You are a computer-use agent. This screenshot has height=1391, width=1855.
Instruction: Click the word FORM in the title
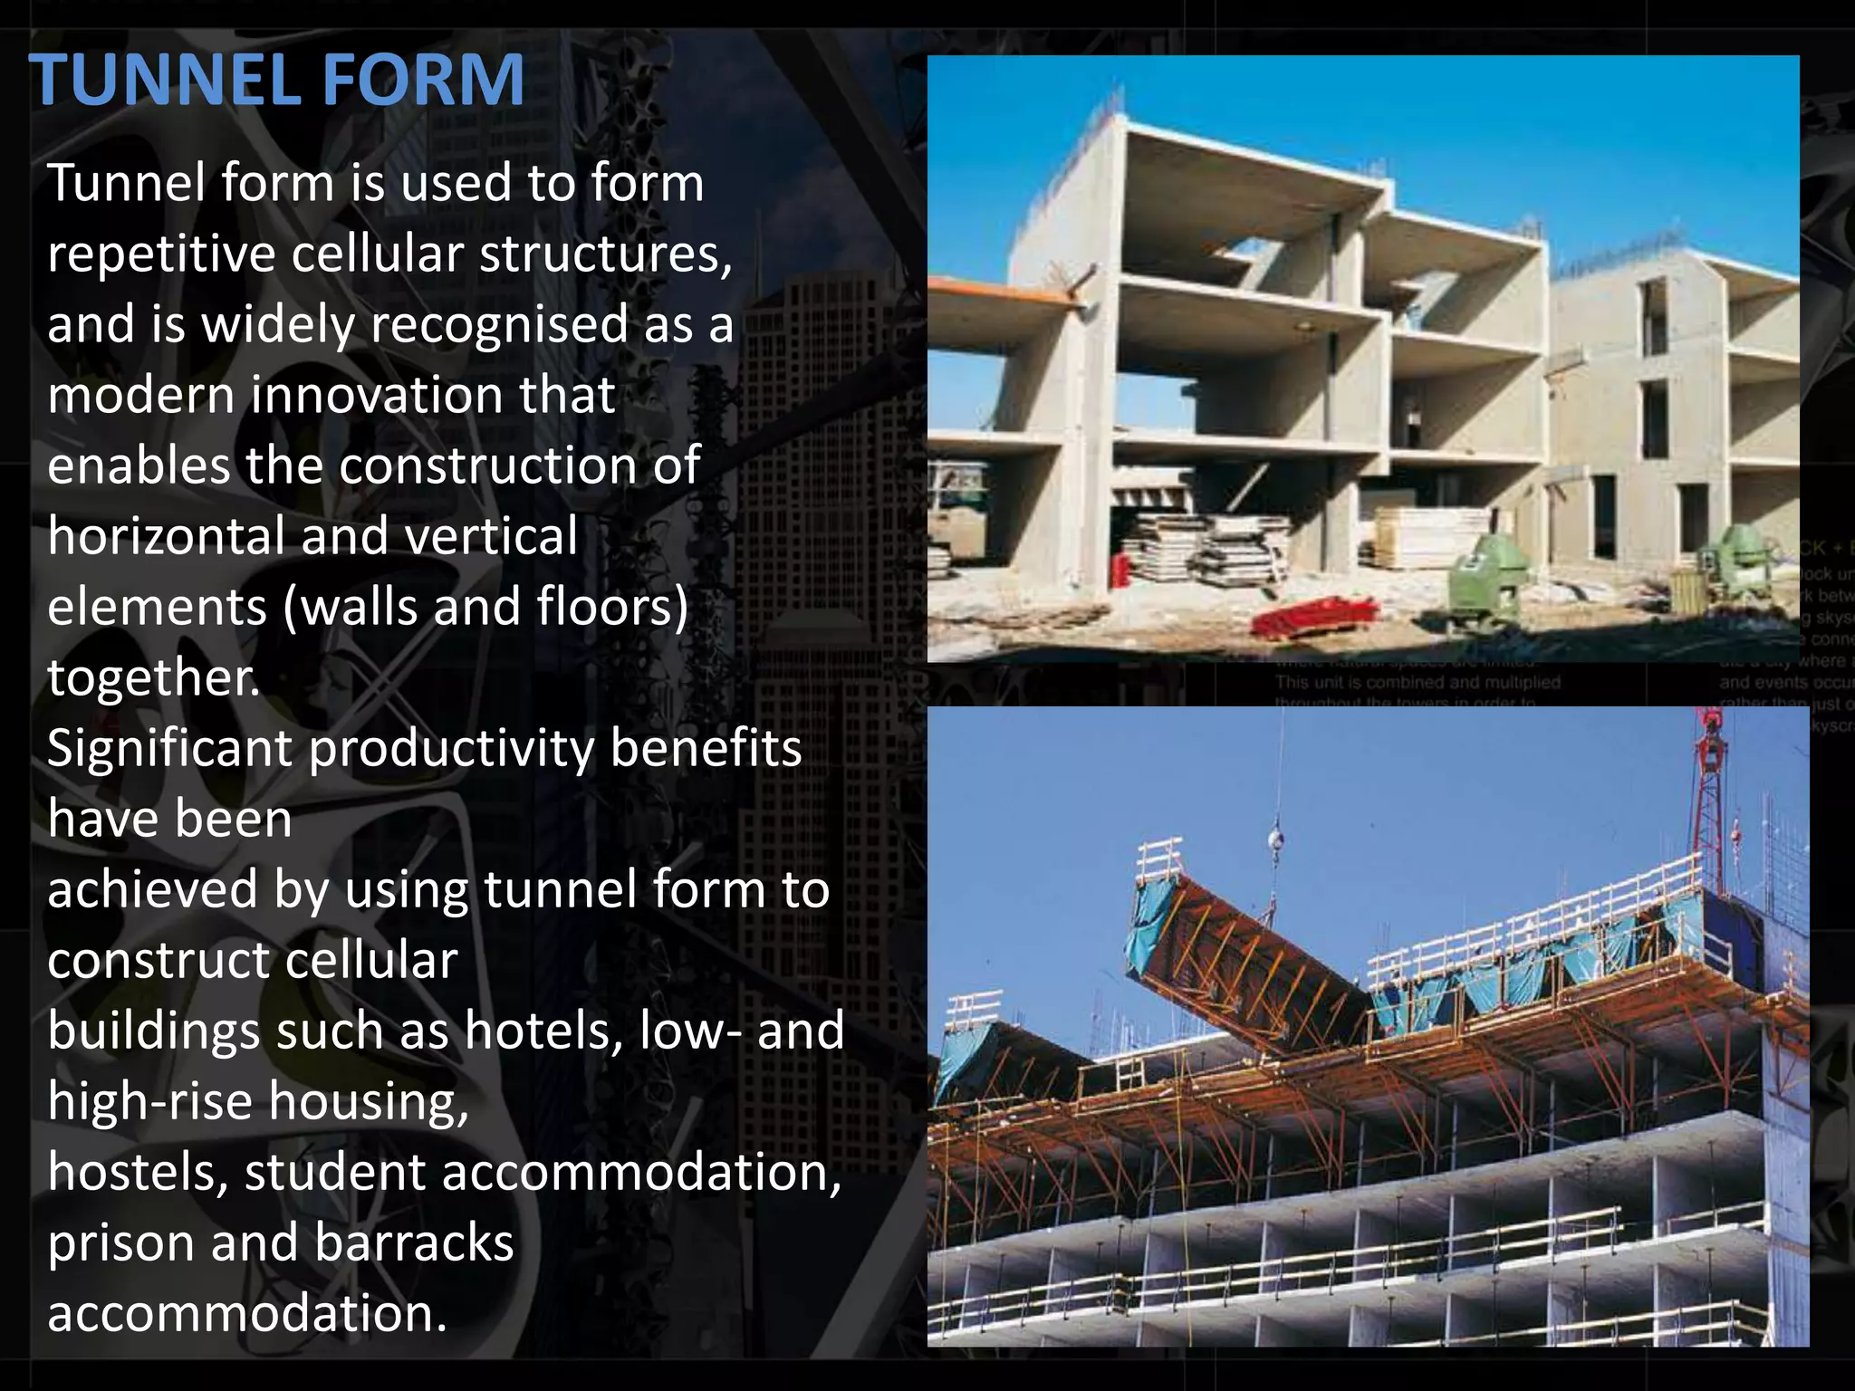pos(423,81)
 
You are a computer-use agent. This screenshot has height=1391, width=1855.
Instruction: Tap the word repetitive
pos(161,254)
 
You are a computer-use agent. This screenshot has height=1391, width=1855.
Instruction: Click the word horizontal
pos(166,536)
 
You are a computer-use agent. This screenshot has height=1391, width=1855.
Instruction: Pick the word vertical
pos(491,536)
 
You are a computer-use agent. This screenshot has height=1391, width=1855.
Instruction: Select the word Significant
pos(169,750)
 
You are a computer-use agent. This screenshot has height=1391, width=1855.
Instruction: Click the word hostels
pos(137,1173)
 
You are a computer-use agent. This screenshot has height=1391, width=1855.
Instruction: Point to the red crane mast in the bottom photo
pos(1708,797)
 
